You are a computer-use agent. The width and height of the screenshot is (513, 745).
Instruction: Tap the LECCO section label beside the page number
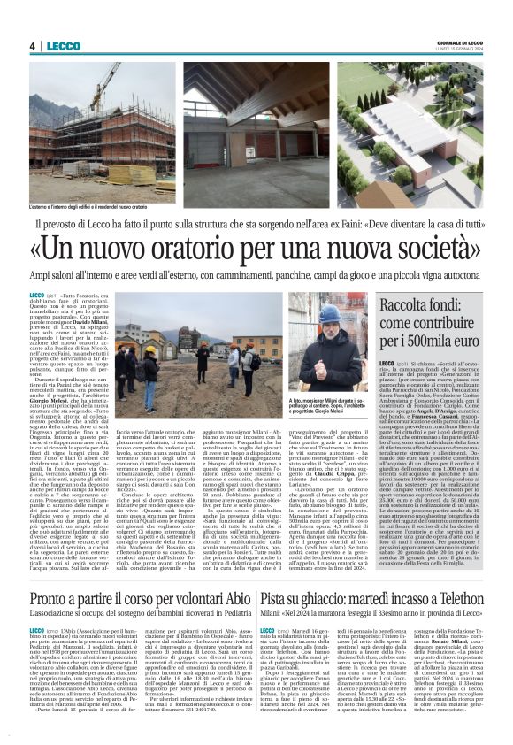64,46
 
